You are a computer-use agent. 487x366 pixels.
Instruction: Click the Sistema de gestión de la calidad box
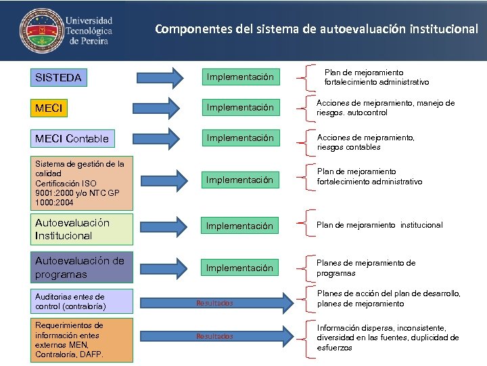coord(83,183)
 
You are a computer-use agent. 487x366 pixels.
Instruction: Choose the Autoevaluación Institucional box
coord(83,229)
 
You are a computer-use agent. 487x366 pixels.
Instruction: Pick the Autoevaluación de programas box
coord(83,268)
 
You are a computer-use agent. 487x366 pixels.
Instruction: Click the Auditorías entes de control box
coord(83,302)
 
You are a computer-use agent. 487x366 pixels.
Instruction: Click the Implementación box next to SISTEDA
coord(239,77)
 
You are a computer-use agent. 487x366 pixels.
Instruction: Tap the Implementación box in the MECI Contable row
coord(239,138)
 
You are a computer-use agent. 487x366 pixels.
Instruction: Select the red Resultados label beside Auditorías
coord(214,303)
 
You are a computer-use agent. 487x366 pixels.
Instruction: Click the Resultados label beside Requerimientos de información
coord(214,336)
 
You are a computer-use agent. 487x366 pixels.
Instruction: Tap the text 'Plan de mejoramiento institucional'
coord(379,225)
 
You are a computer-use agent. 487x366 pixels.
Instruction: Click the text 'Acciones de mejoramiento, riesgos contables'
coord(366,142)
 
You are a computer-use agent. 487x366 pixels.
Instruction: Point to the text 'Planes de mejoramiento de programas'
coord(366,268)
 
